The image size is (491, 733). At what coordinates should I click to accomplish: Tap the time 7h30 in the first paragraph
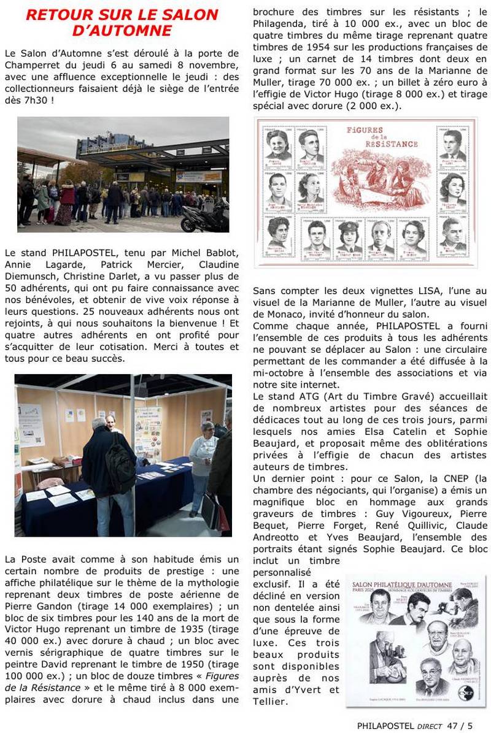[x=30, y=99]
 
